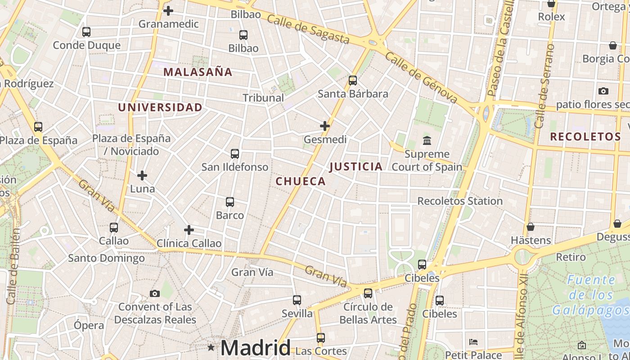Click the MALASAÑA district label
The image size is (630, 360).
pyautogui.click(x=198, y=72)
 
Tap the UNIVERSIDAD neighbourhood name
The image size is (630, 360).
pyautogui.click(x=160, y=107)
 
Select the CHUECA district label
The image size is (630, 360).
pyautogui.click(x=300, y=181)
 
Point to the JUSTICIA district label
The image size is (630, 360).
pyautogui.click(x=356, y=166)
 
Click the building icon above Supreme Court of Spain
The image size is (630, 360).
pyautogui.click(x=427, y=141)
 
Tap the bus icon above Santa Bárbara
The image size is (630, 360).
pyautogui.click(x=353, y=81)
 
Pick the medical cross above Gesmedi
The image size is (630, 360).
pyautogui.click(x=325, y=126)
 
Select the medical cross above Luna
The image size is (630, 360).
pyautogui.click(x=142, y=175)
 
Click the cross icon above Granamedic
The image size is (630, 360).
pyautogui.click(x=168, y=10)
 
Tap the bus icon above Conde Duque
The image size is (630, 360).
pyautogui.click(x=86, y=32)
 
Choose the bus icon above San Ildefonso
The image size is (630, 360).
pyautogui.click(x=234, y=154)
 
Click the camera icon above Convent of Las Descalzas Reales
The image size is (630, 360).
pyautogui.click(x=155, y=294)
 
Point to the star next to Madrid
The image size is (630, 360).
pyautogui.click(x=211, y=347)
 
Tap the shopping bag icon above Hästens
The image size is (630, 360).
pyautogui.click(x=531, y=227)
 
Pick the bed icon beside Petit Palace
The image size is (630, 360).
pyautogui.click(x=473, y=342)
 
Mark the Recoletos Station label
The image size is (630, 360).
pyautogui.click(x=460, y=201)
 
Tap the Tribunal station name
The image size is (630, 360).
pyautogui.click(x=263, y=98)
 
